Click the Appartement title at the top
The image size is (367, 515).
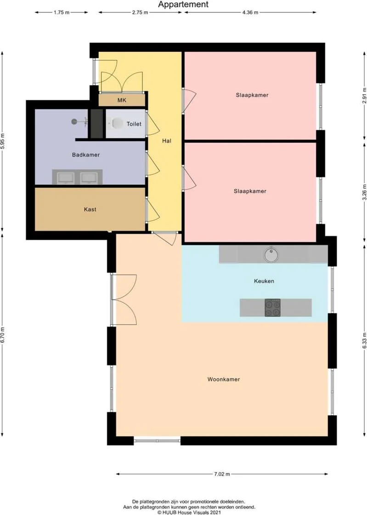pyautogui.click(x=183, y=5)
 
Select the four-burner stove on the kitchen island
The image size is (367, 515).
pyautogui.click(x=272, y=307)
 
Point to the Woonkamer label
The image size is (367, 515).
pyautogui.click(x=224, y=379)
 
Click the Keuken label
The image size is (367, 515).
pyautogui.click(x=264, y=281)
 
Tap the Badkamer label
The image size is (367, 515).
pyautogui.click(x=86, y=155)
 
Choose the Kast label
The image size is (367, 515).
pyautogui.click(x=90, y=209)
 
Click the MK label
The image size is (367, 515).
pyautogui.click(x=122, y=100)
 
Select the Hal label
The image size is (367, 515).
pyautogui.click(x=167, y=141)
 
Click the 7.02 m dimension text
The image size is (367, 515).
pyautogui.click(x=221, y=474)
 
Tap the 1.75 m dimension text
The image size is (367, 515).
pyautogui.click(x=62, y=12)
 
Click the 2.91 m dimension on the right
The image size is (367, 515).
pyautogui.click(x=364, y=94)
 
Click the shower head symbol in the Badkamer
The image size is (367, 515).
pyautogui.click(x=74, y=121)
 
